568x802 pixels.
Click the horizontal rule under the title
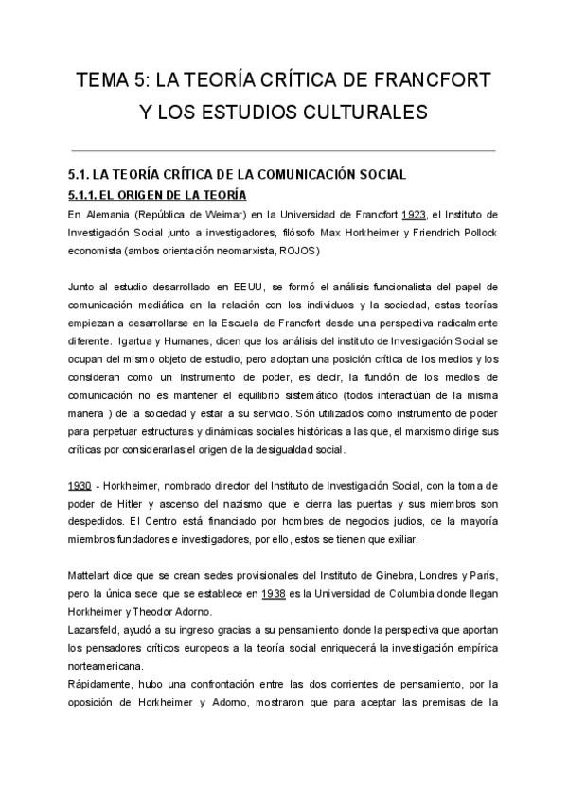[x=283, y=150]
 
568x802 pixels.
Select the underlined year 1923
[x=415, y=215]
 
